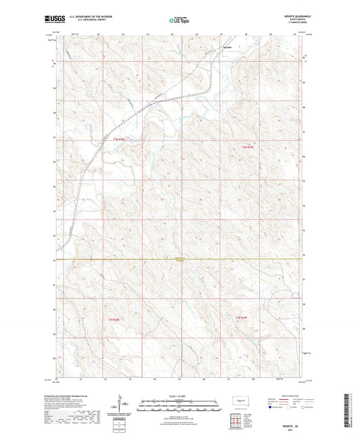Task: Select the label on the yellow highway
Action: click(x=178, y=259)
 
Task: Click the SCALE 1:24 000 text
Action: click(x=179, y=395)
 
